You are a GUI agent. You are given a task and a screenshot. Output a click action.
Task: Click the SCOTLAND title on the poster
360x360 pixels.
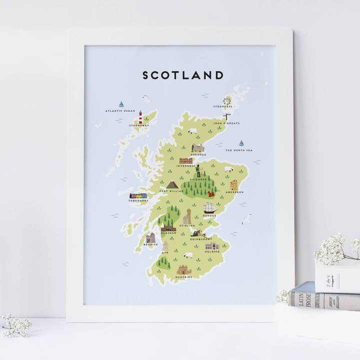tap(183, 75)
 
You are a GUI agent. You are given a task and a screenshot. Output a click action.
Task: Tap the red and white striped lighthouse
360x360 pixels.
tap(140, 117)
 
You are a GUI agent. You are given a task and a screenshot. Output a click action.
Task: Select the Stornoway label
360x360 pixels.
tap(139, 125)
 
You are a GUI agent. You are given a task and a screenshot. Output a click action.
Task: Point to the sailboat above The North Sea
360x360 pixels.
tap(241, 143)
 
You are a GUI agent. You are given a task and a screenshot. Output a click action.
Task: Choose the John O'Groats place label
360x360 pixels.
tap(226, 122)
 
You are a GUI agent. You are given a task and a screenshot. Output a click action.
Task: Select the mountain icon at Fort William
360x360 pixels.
tap(172, 184)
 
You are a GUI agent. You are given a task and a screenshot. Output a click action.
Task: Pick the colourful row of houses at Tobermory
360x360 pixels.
tap(138, 196)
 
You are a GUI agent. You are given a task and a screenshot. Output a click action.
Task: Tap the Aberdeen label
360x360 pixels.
tap(234, 192)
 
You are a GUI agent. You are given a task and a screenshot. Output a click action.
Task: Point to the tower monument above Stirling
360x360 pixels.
tap(187, 216)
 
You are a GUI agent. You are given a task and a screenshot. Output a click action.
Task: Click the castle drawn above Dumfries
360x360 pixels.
tap(184, 270)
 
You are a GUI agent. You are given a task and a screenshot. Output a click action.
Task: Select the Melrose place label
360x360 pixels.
tap(212, 251)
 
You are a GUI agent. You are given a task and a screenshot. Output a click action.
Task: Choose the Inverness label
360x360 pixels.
tap(185, 166)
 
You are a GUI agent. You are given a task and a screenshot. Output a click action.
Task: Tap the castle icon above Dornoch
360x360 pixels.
tap(198, 148)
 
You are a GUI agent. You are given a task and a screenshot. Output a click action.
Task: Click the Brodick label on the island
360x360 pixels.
tap(150, 244)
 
